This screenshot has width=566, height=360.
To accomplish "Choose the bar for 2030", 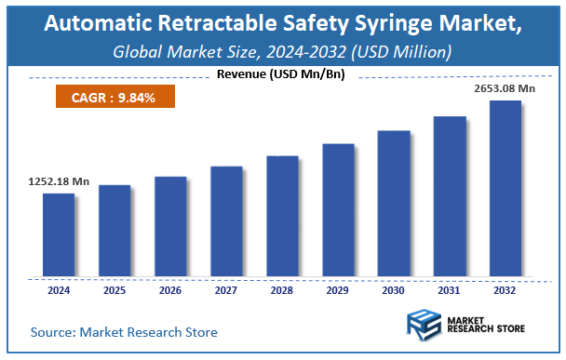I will [x=394, y=204].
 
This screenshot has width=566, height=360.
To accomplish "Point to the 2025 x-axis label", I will [x=115, y=290].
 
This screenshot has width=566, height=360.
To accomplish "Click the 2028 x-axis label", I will [x=282, y=290].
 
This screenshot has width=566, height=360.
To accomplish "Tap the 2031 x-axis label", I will [x=450, y=290].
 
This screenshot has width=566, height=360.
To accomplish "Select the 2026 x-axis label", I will [x=170, y=290].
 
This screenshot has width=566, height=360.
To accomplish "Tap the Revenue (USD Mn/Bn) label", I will [x=279, y=73].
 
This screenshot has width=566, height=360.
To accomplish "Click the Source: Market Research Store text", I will [x=124, y=332].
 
